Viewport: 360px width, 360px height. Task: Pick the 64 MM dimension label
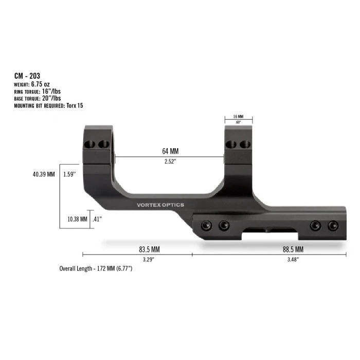tap(170, 152)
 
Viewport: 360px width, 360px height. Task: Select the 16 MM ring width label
tap(238, 117)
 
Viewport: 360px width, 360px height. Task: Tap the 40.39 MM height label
tap(43, 174)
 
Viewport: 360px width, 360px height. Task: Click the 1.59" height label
tap(69, 174)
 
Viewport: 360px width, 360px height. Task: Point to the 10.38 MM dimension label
tap(77, 219)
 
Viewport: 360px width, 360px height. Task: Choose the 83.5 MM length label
tap(149, 249)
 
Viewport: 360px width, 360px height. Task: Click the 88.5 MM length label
tap(293, 249)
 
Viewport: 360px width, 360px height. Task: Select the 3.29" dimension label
tap(149, 259)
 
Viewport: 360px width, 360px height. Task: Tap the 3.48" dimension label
tap(293, 259)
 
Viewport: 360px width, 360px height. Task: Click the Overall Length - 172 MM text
tap(96, 269)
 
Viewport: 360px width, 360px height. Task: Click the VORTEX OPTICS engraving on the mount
tap(160, 205)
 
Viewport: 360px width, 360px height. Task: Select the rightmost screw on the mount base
tap(333, 225)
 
